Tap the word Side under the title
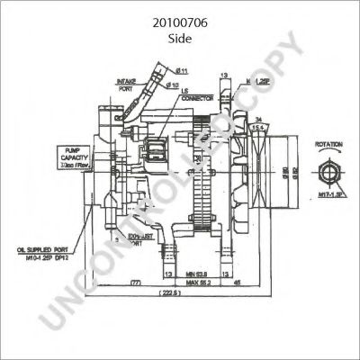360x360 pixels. point(180,40)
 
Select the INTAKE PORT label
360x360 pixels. point(126,84)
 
